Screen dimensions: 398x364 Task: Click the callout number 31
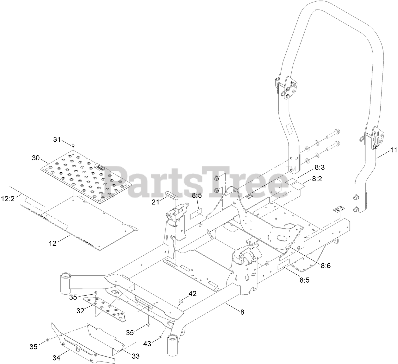tap(57, 139)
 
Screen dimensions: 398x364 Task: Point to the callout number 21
tap(155, 202)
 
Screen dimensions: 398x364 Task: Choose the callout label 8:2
tap(317, 179)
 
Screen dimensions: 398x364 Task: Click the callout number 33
tap(135, 356)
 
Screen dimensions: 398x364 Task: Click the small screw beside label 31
tap(73, 146)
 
